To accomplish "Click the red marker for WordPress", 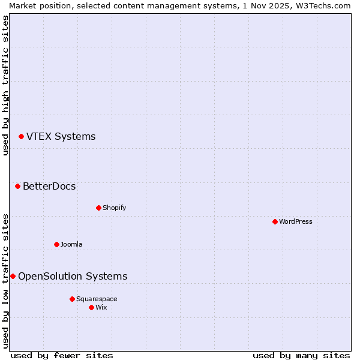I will tap(275, 221).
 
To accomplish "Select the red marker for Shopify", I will tap(98, 208).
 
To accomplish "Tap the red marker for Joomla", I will tap(56, 244).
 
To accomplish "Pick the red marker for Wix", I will tap(91, 307).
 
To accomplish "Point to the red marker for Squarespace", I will tap(72, 299).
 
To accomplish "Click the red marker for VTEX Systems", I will tap(21, 136).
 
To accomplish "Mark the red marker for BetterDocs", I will tap(17, 186).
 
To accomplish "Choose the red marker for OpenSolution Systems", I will tap(13, 276).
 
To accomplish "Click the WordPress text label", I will tap(296, 221).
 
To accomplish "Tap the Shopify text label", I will tap(114, 208).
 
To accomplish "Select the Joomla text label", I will tap(71, 244).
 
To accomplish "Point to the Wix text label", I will tap(101, 307).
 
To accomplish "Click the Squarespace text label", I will tap(97, 299).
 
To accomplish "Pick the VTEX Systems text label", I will tap(61, 136).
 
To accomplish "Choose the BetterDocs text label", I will tap(49, 186).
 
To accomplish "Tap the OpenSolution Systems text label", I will tap(73, 276).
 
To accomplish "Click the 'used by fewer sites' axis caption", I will tap(62, 355).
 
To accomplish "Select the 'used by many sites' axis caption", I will tap(301, 355).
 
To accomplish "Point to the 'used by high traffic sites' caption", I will tap(5, 86).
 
